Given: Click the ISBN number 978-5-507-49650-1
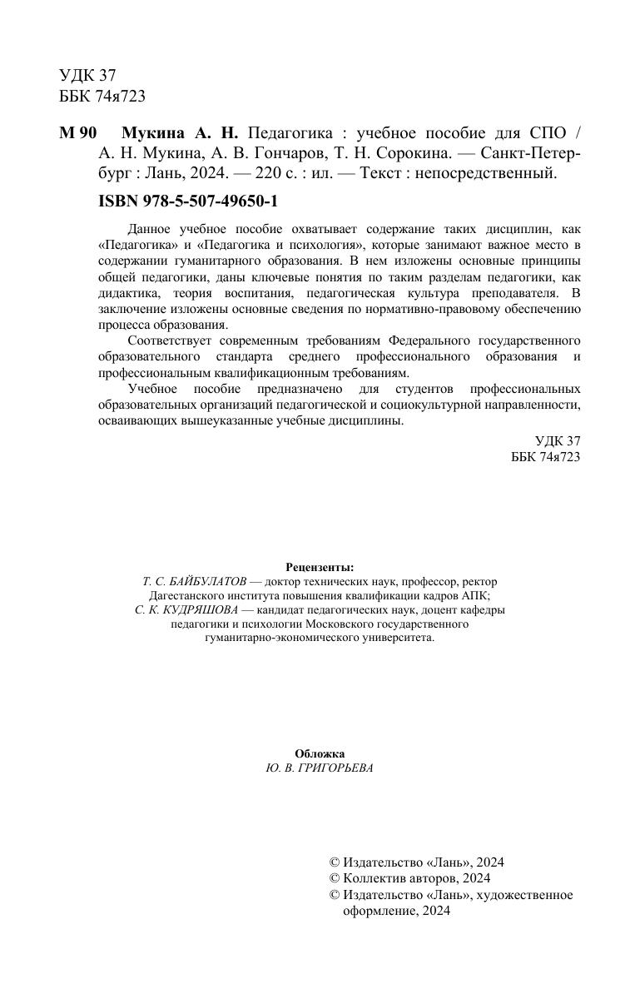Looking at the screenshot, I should pos(187,201).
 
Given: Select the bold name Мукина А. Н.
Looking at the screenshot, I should pos(180,133).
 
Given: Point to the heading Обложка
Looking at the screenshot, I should pos(320,753).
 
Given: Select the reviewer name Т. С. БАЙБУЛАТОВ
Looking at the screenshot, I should pos(194,582).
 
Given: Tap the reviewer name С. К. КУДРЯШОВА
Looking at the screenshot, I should pos(187,609).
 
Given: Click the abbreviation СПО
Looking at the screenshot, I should pos(546,133).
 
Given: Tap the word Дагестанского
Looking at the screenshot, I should pos(188,595).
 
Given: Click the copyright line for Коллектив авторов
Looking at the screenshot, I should pos(410,878).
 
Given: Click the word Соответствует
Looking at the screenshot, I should pos(172,341).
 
